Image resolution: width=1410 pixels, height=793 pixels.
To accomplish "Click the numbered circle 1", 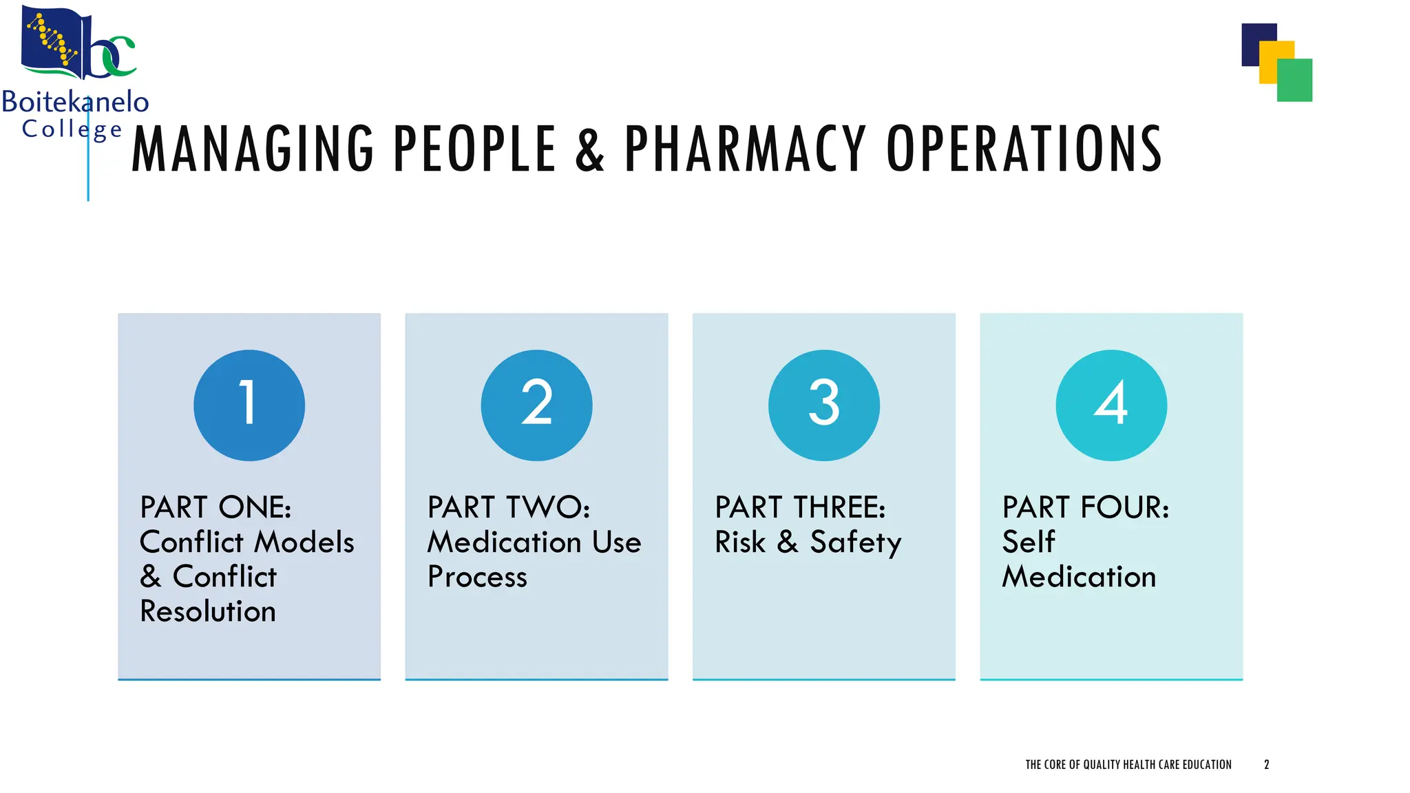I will coord(249,405).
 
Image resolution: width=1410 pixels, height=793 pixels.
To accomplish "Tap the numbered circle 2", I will coord(536,405).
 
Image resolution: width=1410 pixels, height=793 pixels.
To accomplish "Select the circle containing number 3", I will coord(823,405).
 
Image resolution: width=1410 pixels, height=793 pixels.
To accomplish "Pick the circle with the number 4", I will coord(1111,405).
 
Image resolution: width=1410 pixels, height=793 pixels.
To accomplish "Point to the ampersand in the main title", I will coord(590,149).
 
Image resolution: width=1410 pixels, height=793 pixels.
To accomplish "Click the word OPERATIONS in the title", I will coord(1024,149).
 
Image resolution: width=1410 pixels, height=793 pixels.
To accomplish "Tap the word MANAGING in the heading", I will coord(253,149).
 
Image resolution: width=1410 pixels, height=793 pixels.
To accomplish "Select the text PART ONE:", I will coord(215,507).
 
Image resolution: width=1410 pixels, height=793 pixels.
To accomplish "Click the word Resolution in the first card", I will coord(208,611).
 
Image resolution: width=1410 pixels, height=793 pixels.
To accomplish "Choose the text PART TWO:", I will coord(509,507).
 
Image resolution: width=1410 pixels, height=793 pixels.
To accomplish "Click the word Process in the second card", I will coord(477,577).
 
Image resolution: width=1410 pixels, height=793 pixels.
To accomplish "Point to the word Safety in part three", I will coord(856,542).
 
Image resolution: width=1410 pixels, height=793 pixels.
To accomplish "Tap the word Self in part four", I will coord(1029,542).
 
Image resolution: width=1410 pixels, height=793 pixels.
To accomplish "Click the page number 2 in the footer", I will coord(1266,765).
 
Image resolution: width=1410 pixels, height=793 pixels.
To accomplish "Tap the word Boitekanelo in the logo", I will coord(75,102).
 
